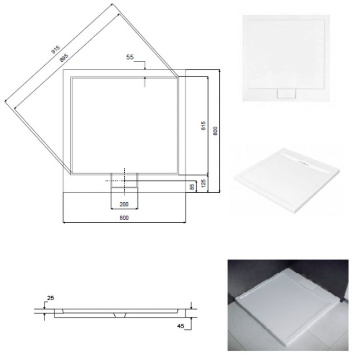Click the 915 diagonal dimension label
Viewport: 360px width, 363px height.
coord(56,49)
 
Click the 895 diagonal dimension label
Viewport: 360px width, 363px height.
coord(64,58)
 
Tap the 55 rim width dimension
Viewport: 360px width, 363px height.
coord(130,57)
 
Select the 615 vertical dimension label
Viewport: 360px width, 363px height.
coord(203,126)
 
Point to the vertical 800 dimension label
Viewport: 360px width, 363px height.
coord(215,131)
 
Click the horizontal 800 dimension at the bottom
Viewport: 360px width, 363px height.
coord(124,218)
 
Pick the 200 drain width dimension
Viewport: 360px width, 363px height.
coord(124,204)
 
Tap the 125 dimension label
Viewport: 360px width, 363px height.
coord(204,183)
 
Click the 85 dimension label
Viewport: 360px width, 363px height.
coord(192,187)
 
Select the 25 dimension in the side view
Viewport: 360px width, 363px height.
coord(50,298)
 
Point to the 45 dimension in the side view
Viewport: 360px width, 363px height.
coord(180,326)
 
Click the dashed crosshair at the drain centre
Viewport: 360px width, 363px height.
coord(124,181)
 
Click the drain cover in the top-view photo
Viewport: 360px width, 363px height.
coord(287,93)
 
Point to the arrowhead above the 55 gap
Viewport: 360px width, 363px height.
coord(145,68)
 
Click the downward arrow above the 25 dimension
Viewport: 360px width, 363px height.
coord(44,307)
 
